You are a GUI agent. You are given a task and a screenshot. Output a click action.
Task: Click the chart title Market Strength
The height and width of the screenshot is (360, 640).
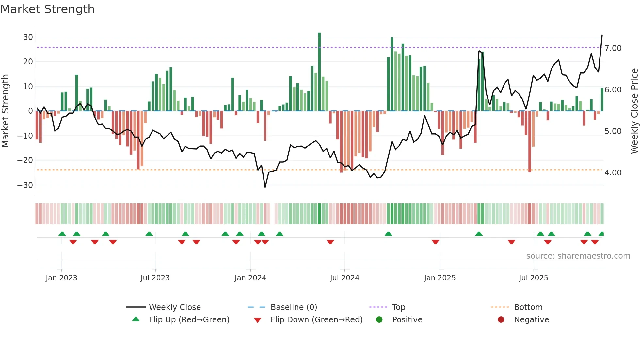click(47, 9)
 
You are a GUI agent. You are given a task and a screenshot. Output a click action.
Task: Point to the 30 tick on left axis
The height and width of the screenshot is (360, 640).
click(28, 37)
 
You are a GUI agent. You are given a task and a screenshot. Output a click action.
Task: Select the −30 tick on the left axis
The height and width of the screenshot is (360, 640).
click(25, 185)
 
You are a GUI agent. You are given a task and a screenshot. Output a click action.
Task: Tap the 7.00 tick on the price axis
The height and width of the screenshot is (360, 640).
click(613, 48)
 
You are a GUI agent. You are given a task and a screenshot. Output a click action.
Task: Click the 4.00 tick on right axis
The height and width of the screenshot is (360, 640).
click(613, 173)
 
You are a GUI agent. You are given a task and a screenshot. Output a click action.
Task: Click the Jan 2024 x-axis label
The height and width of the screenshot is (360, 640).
click(250, 278)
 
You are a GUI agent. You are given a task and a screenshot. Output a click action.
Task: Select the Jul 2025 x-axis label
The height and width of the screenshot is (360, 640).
click(533, 278)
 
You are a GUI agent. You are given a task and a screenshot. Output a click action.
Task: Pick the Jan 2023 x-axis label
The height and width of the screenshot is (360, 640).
click(61, 278)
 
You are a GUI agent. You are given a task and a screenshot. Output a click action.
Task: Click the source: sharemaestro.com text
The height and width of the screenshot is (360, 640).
click(578, 256)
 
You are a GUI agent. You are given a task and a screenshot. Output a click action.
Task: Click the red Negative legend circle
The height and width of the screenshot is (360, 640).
click(501, 320)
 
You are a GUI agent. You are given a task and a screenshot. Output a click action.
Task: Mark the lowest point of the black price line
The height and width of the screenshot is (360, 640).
click(265, 187)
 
